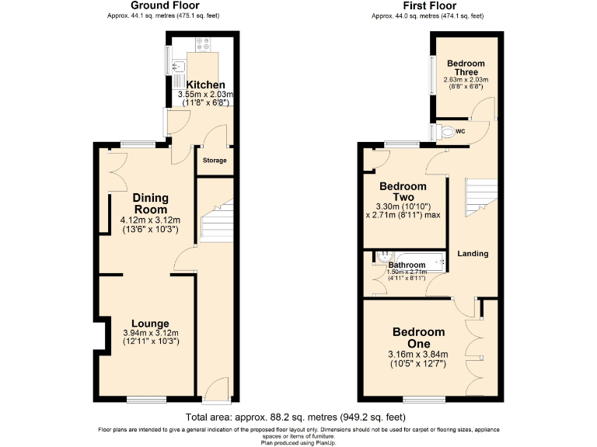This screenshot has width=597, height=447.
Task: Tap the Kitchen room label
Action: tap(205, 85)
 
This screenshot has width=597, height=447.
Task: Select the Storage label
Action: tap(215, 161)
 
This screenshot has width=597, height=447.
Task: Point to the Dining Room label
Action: tap(150, 203)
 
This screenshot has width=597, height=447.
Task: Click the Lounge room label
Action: tap(150, 324)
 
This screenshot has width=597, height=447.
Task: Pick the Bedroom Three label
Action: tap(466, 68)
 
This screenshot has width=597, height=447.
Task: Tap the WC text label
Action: tap(460, 131)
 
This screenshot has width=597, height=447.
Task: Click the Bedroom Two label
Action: tap(403, 192)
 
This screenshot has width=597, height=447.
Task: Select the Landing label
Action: tap(473, 254)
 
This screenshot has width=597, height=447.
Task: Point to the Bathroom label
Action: tap(407, 265)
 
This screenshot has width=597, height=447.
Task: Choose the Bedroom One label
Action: tap(418, 338)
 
